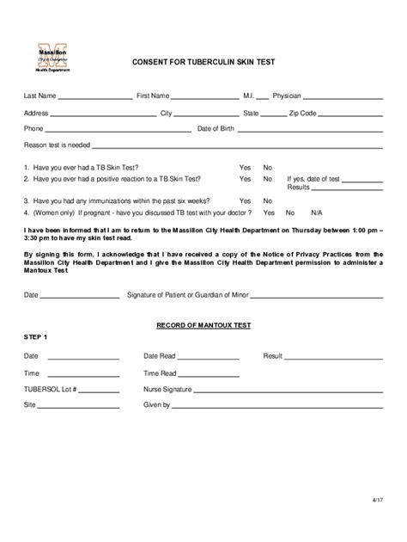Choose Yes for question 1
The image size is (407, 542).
coord(245,167)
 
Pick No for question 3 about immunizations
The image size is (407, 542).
coord(268,200)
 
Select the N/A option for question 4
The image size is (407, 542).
coord(317,212)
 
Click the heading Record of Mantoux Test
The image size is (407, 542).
coord(203,326)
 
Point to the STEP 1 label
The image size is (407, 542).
coord(36,336)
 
